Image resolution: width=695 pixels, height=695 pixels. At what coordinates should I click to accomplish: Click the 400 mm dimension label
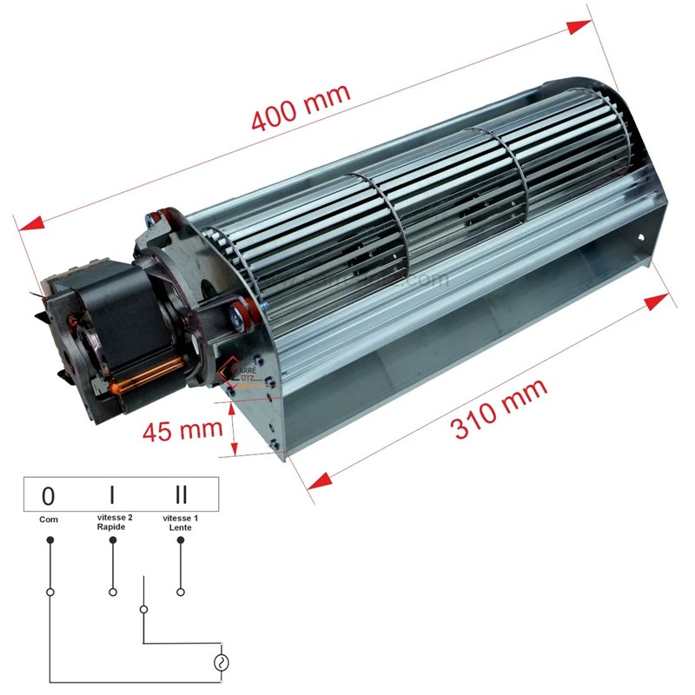tap(300, 107)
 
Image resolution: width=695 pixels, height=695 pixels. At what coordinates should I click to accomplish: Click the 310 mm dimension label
tap(500, 408)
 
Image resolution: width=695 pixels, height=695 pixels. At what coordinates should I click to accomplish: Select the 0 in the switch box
tap(49, 496)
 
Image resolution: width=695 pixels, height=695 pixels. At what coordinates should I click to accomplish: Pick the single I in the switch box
tap(112, 496)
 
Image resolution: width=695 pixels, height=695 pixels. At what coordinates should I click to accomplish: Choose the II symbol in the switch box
tap(180, 496)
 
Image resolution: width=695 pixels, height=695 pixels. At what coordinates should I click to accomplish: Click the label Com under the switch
tap(49, 520)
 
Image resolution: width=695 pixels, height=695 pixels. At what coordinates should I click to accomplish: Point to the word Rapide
tap(112, 527)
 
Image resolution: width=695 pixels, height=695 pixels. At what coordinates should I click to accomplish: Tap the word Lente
tap(180, 527)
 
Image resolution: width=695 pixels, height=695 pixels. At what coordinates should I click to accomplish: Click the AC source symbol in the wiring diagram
tap(221, 663)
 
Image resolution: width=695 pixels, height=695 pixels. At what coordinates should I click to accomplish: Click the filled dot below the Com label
tap(50, 539)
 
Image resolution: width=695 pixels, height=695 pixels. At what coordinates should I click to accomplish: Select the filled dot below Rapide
tap(112, 539)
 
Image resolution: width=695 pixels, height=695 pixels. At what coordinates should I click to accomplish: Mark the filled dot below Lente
tap(180, 539)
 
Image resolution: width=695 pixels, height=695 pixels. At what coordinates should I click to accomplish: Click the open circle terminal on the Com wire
tap(50, 592)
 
